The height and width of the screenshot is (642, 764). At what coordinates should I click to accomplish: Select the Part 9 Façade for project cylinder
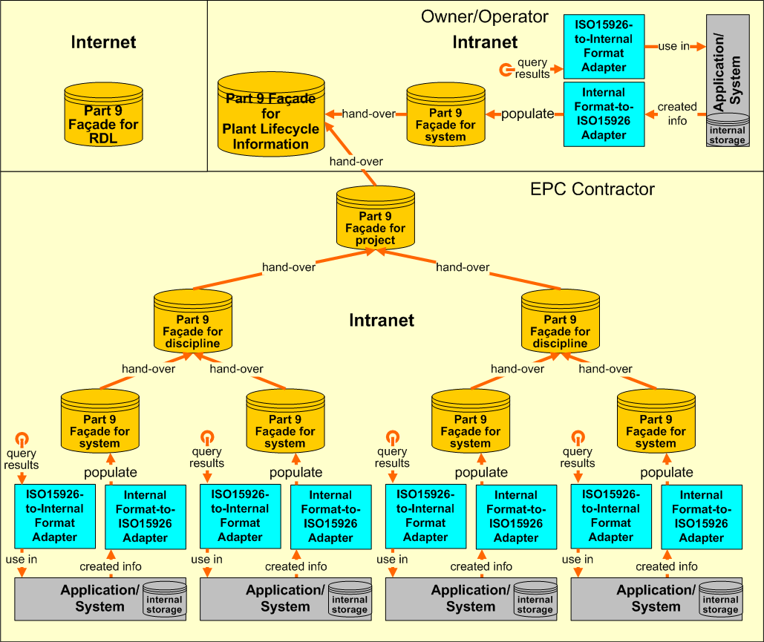coord(375,218)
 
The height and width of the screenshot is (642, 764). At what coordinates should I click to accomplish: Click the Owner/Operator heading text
coord(484,16)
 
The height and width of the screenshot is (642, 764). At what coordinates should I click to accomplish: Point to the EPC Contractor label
coord(592,189)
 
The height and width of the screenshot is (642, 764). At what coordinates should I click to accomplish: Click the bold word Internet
coord(103,42)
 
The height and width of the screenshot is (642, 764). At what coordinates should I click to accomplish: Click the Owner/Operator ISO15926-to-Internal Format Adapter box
coord(604,46)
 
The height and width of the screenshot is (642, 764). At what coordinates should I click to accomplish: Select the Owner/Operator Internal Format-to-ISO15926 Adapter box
coord(604,114)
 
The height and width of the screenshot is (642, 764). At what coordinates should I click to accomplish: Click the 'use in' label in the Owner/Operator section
coord(673,46)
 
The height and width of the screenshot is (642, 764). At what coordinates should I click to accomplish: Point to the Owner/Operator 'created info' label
coord(677,114)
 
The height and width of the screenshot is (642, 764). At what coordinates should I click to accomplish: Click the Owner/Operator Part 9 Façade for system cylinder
coord(445,115)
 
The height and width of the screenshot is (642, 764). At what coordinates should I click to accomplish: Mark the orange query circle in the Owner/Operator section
coord(506,71)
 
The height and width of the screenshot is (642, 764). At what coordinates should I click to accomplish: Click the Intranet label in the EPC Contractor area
coord(382,321)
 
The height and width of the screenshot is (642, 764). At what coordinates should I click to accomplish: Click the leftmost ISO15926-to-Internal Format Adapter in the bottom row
coord(56,516)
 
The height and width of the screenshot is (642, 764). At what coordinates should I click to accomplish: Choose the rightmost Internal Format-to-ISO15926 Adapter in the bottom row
coord(701,516)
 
